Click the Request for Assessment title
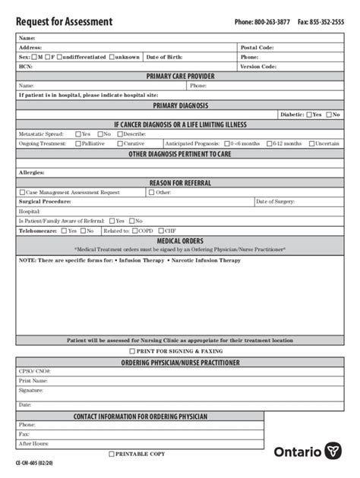64,22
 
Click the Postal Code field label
257,47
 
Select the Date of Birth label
164,57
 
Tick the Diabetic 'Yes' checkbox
309,115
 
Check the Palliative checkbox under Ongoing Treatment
78,143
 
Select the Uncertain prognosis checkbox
311,143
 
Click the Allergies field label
32,172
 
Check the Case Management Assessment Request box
22,193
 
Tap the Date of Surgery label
277,202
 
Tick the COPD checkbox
135,231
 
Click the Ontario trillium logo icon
333,451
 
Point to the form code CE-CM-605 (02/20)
37,462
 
